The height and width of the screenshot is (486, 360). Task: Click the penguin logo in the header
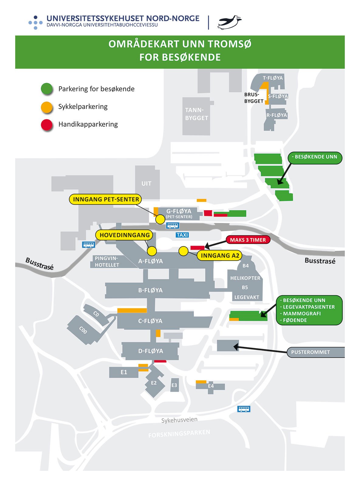coord(230,22)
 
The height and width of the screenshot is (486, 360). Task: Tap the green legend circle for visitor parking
coord(47,89)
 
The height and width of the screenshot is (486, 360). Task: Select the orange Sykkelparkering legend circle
coord(47,107)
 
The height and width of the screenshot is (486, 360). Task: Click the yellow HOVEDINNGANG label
coord(124,235)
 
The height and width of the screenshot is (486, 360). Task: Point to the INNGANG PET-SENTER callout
coord(106,199)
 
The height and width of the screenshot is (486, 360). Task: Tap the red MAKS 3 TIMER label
coord(248,240)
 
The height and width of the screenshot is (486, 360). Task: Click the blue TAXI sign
coord(182,235)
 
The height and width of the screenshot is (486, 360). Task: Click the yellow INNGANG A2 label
coord(220,255)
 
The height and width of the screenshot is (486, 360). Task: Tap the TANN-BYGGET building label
coord(197,114)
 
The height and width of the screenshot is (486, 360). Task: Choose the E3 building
coord(174,385)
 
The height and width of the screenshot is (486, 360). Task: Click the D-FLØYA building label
coord(151,351)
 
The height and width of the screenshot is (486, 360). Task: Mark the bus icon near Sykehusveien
coord(244,409)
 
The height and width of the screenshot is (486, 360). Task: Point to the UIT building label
coord(146,183)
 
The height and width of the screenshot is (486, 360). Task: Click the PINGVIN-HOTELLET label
coord(107,262)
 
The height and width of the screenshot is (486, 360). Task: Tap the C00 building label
coord(83,330)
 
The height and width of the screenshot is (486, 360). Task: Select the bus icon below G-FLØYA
coord(173,225)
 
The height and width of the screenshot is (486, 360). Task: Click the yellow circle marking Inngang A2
coord(183,251)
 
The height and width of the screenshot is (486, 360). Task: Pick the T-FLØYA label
coord(273,78)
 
